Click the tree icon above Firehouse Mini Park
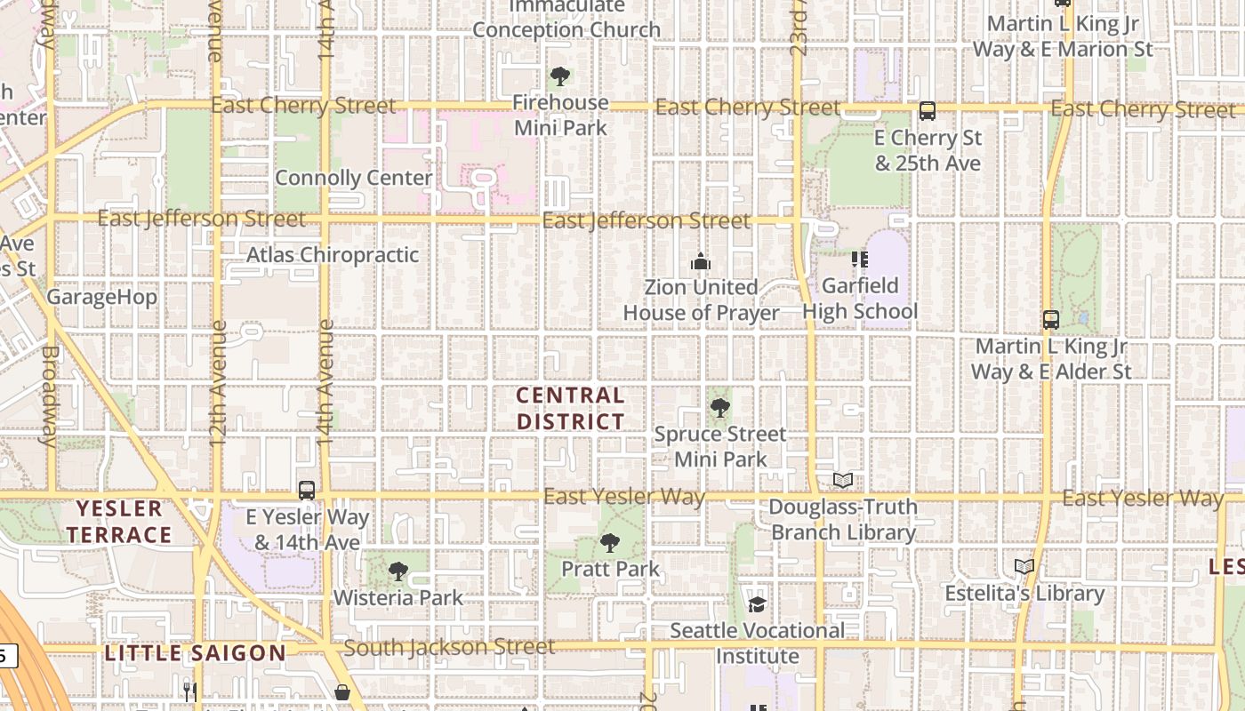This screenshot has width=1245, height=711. (559, 76)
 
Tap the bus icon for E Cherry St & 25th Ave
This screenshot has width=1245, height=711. (927, 111)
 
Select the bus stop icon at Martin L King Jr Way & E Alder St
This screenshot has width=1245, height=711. (1050, 319)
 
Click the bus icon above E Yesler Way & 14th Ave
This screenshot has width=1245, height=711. (307, 490)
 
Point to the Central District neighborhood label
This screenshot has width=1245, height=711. (571, 408)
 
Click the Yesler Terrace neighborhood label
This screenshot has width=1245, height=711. (119, 522)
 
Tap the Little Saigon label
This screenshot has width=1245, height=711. (196, 653)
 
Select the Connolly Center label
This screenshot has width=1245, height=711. (353, 178)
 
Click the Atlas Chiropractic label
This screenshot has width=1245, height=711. (332, 255)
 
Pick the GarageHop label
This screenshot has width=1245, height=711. (101, 297)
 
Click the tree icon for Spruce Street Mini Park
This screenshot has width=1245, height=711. (720, 408)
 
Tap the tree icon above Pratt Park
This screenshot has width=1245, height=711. (610, 542)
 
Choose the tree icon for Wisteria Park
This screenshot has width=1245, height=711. (398, 571)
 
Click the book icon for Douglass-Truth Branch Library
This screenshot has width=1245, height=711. (843, 481)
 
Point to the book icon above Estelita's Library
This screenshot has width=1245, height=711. (1024, 566)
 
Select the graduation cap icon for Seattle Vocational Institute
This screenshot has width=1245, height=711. (757, 604)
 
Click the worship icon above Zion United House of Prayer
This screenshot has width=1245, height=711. (701, 261)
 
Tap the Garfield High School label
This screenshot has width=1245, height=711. (860, 299)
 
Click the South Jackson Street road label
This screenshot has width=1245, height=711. (449, 647)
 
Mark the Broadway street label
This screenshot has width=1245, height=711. (49, 395)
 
